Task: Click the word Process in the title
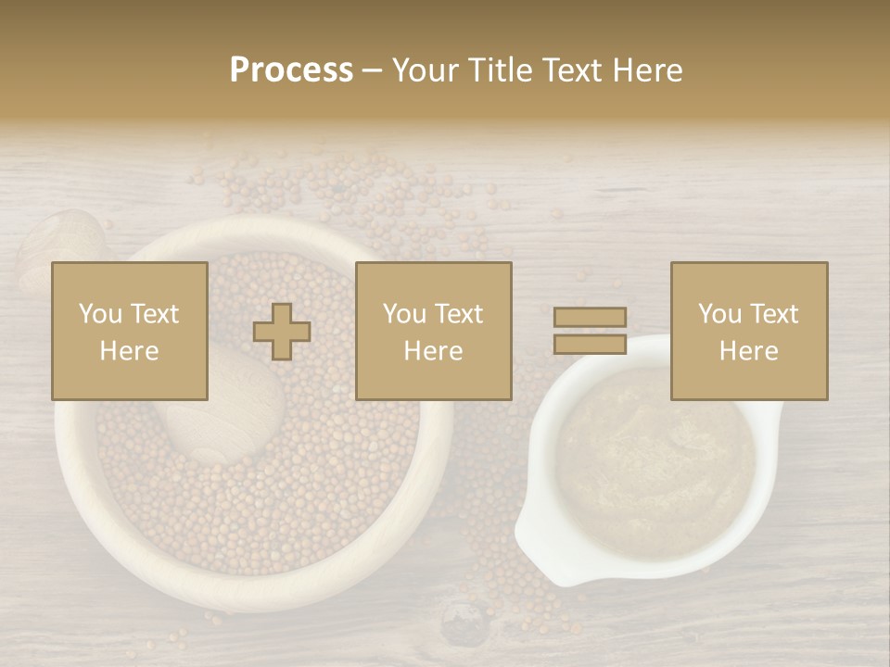click(291, 70)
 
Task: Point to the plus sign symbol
click(282, 332)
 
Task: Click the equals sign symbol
click(590, 331)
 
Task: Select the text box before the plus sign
click(129, 332)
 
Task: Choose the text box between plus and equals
click(433, 332)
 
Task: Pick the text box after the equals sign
click(748, 332)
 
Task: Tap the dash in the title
click(373, 71)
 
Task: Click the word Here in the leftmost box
click(129, 351)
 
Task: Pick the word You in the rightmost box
click(719, 314)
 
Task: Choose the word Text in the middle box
click(460, 314)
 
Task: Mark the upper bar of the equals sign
click(590, 317)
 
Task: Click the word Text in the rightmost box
click(775, 314)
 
